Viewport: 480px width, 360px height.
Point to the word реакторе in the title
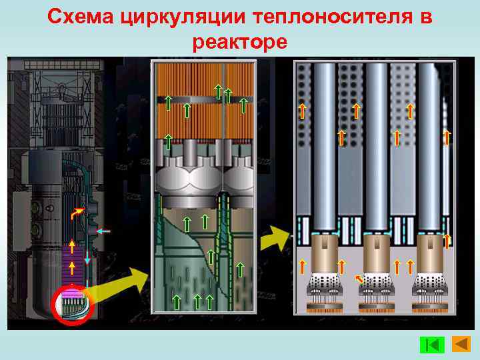point(240,42)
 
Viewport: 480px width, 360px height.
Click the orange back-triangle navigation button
point(461,344)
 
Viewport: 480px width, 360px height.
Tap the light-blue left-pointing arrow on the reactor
point(103,231)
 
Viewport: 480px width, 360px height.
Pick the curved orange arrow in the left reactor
point(77,213)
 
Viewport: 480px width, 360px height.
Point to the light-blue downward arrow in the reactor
point(87,257)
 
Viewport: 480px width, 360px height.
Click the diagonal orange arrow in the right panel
point(360,279)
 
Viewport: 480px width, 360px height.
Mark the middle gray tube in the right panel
point(377,147)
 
